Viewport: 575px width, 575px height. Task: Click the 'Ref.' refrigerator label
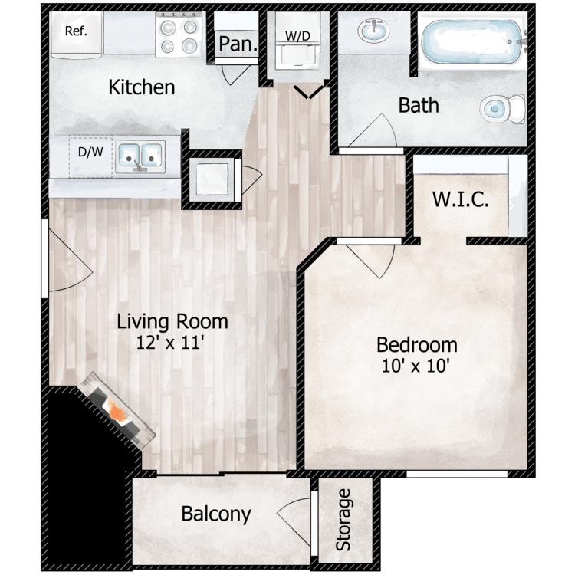click(74, 31)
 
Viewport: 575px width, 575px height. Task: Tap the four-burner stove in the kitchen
click(177, 36)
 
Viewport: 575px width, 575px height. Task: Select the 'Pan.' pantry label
click(237, 44)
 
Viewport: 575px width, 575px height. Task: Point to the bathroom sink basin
click(374, 31)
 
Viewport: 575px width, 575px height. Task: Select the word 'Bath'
click(419, 104)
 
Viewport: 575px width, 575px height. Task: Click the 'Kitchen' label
click(141, 87)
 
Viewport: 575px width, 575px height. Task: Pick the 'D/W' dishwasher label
click(90, 151)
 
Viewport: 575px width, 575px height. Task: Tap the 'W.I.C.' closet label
click(461, 201)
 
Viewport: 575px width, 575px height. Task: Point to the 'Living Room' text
click(172, 321)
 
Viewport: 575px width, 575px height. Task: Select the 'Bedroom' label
click(418, 345)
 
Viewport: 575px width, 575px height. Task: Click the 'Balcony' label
click(216, 514)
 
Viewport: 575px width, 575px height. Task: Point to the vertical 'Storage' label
click(344, 519)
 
